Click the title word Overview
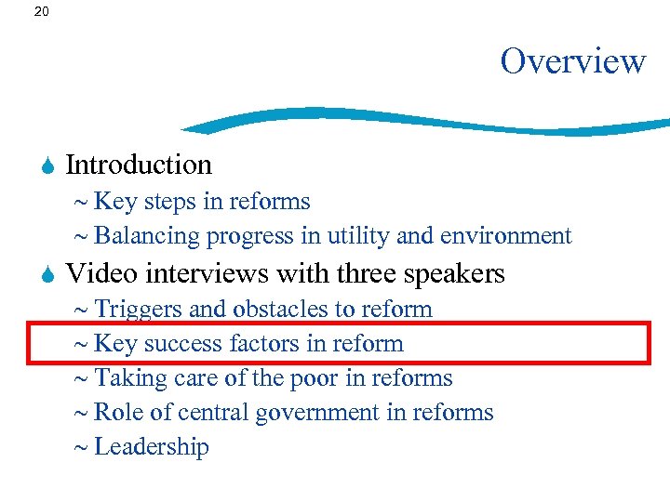pos(572,61)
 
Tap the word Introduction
pos(139,165)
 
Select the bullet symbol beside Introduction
pos(47,165)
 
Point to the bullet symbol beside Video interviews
pos(47,274)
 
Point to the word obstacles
pos(275,309)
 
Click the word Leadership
pos(152,447)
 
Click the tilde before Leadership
pos(80,447)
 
